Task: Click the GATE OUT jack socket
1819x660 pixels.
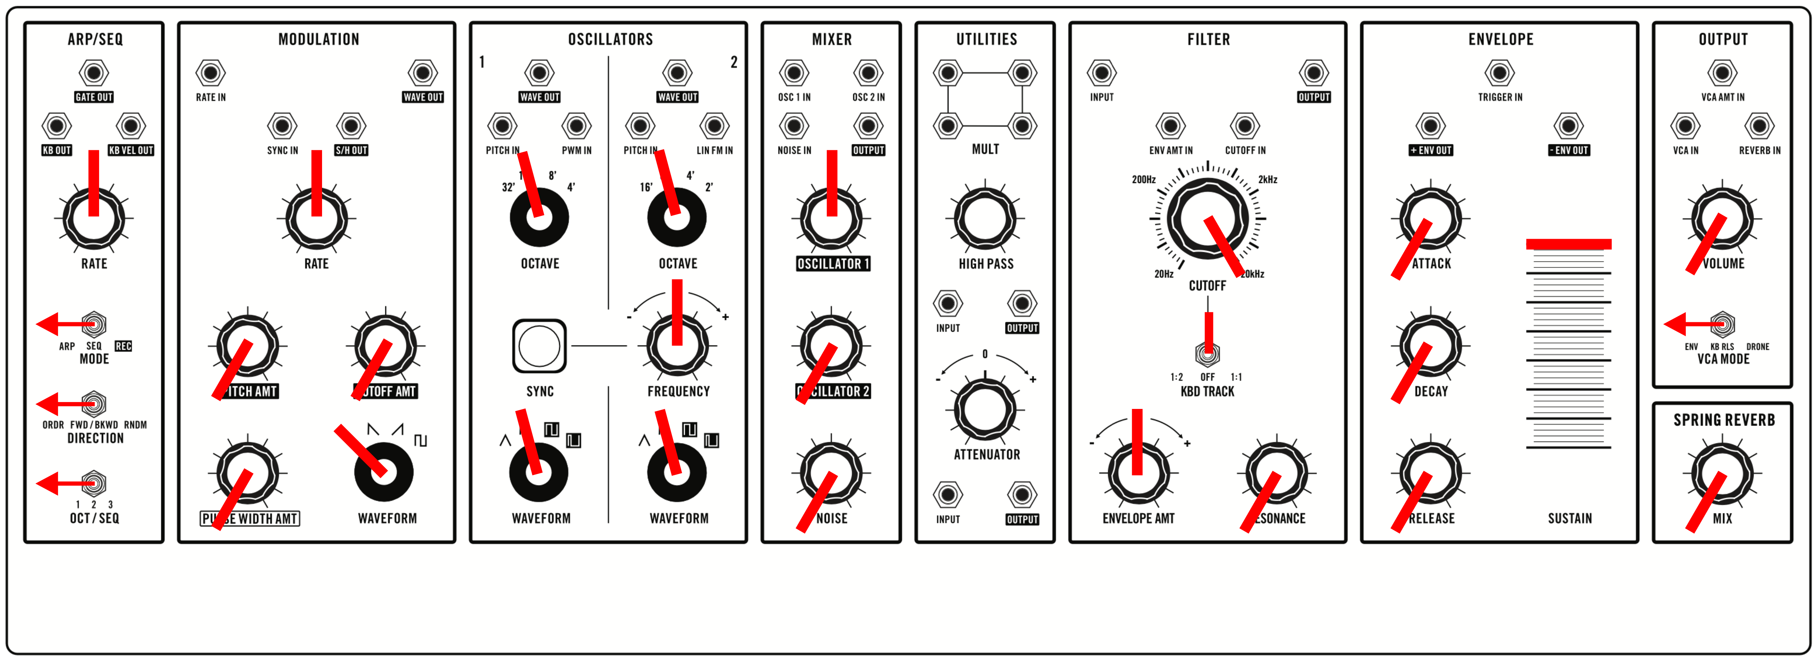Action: (94, 73)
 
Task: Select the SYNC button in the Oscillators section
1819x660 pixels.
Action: (539, 346)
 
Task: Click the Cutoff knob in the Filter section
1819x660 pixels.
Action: (1208, 219)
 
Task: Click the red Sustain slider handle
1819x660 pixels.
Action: (1568, 244)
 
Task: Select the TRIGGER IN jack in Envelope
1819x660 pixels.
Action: (1500, 73)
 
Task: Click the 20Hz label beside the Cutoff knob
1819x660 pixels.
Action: (1164, 274)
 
